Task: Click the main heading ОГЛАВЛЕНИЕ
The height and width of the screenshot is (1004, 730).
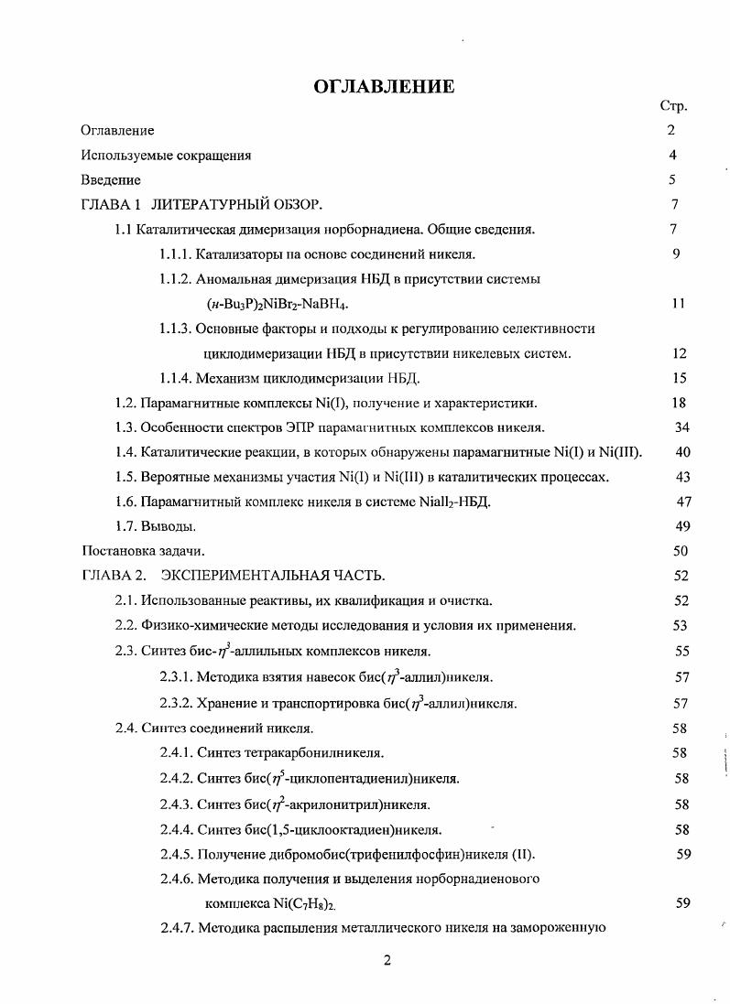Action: (384, 87)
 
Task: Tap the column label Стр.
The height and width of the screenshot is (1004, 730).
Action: (673, 106)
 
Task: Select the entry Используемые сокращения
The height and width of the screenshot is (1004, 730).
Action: (166, 156)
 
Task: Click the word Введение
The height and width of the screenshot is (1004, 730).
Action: (111, 180)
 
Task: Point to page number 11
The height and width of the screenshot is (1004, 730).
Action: (677, 304)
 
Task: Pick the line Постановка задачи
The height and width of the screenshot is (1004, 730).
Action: (143, 551)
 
